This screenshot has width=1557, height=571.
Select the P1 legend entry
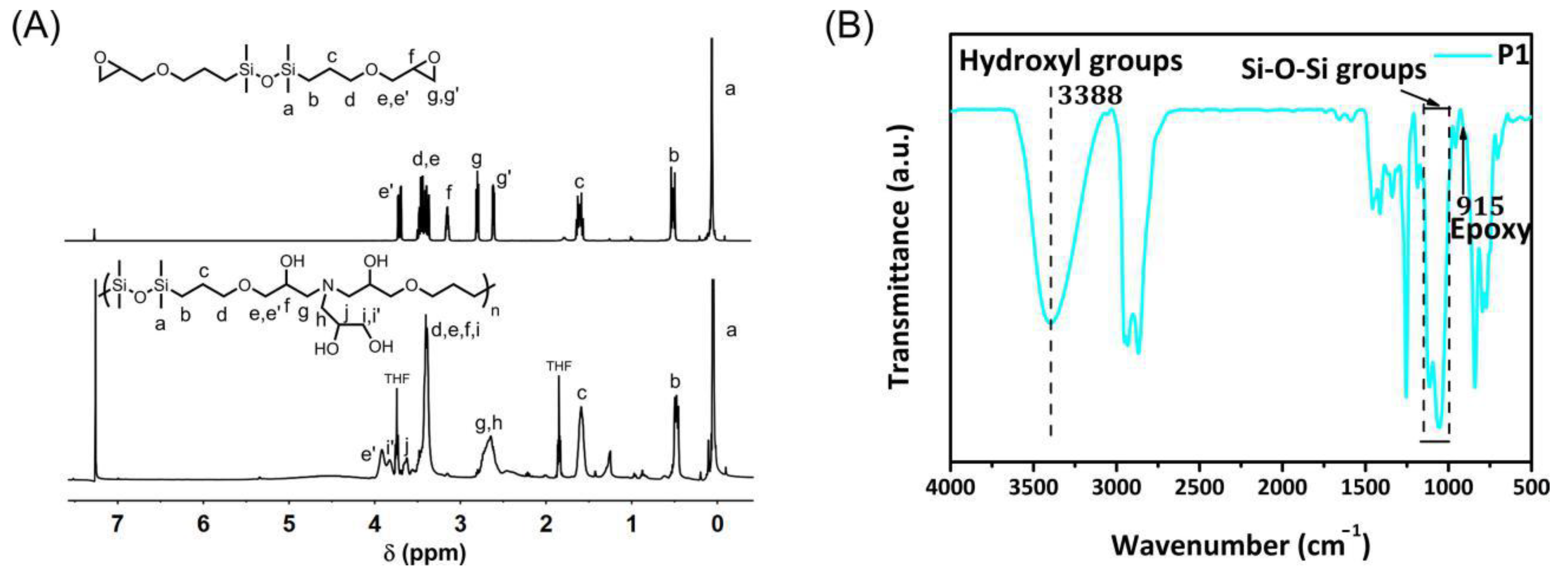pos(1511,55)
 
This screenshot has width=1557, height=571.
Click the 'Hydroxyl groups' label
pos(1070,61)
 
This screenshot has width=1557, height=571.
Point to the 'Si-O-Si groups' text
pos(1333,70)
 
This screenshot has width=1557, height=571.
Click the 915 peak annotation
pos(1479,206)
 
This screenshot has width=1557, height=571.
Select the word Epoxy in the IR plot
pos(1490,231)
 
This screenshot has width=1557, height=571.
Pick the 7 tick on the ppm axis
pos(117,523)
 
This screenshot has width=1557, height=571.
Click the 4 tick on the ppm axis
pos(375,523)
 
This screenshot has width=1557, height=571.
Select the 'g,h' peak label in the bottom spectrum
pos(488,424)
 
